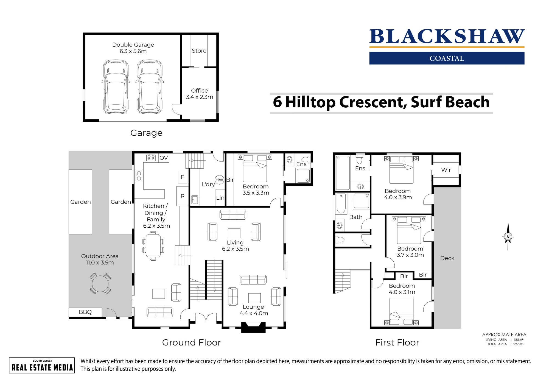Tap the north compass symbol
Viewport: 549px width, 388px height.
[508, 237]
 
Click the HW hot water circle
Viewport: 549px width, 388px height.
[219, 180]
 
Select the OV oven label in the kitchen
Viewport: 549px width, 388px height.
[164, 158]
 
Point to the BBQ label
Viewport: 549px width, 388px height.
[85, 312]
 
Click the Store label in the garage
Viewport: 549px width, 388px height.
[199, 51]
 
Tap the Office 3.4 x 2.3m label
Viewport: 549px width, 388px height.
[200, 94]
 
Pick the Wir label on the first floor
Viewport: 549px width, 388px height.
[446, 170]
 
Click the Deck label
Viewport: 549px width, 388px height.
[447, 258]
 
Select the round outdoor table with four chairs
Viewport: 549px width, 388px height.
[100, 284]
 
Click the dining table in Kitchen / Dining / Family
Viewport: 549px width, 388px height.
[153, 246]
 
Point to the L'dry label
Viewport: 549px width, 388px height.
[208, 184]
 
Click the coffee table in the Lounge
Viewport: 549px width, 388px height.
[254, 298]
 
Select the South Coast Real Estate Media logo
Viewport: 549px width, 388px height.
[42, 365]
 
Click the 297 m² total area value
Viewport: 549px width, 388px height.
[518, 344]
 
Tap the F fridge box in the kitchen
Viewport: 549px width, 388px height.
[183, 177]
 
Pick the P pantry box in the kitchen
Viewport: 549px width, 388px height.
[183, 196]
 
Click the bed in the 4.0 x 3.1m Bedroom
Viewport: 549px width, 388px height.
[401, 312]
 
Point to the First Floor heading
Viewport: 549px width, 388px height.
[397, 342]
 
